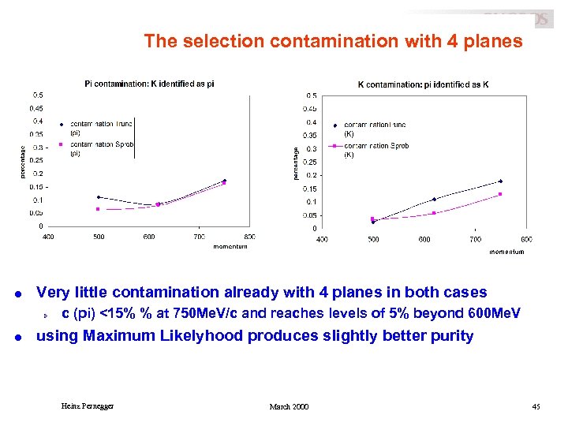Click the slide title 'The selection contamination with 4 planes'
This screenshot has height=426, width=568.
tap(332, 41)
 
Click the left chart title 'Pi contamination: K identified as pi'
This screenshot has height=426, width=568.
tap(149, 84)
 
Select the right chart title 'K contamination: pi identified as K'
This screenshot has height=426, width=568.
tap(423, 84)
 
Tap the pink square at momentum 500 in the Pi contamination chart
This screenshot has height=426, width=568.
tap(98, 209)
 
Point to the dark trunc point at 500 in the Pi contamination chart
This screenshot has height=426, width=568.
tap(98, 197)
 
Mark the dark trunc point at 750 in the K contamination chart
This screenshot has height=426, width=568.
tap(500, 181)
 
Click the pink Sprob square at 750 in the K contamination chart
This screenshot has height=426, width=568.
tap(500, 194)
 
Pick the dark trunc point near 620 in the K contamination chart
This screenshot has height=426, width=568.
tap(434, 200)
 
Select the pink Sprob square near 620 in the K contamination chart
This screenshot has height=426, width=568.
tap(434, 213)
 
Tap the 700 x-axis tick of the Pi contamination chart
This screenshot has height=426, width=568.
tap(199, 237)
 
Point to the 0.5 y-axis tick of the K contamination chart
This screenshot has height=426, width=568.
tap(312, 96)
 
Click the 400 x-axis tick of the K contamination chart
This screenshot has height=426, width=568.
tap(322, 239)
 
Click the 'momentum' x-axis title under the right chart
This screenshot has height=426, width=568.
tap(506, 252)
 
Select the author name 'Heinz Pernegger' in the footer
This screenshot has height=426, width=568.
tap(88, 406)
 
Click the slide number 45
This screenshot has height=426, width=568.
tap(536, 406)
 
